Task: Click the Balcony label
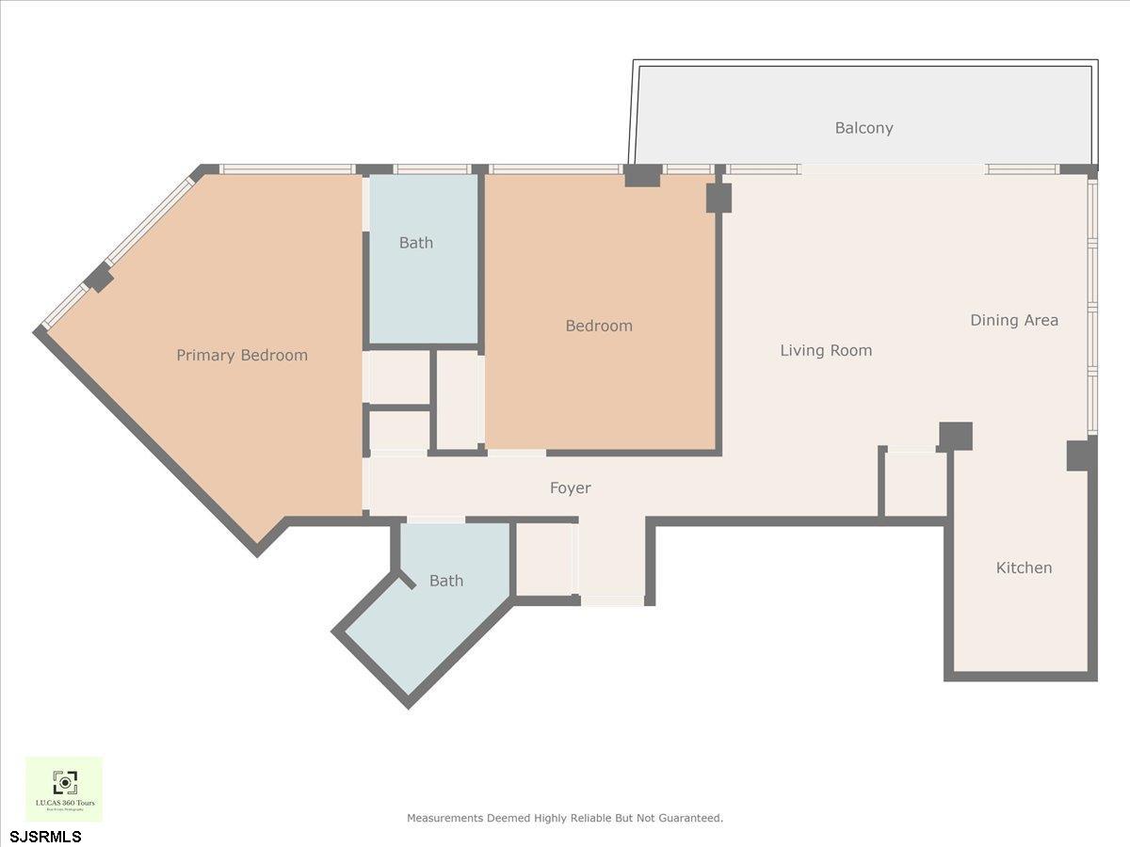pos(864,128)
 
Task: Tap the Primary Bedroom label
pos(242,356)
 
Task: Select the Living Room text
pos(826,351)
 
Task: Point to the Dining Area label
pos(1014,320)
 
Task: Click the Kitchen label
pos(1024,568)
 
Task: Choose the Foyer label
pos(571,488)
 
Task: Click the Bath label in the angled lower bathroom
pos(445,582)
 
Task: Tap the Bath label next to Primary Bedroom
pos(415,243)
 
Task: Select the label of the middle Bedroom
pos(599,327)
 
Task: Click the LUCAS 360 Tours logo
pos(64,789)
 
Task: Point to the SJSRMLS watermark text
pos(46,837)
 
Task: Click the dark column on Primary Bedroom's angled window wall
pos(99,278)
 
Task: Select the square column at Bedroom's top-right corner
pos(718,198)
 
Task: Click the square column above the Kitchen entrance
pos(955,436)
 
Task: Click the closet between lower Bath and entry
pos(544,559)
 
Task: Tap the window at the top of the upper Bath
pos(431,169)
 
